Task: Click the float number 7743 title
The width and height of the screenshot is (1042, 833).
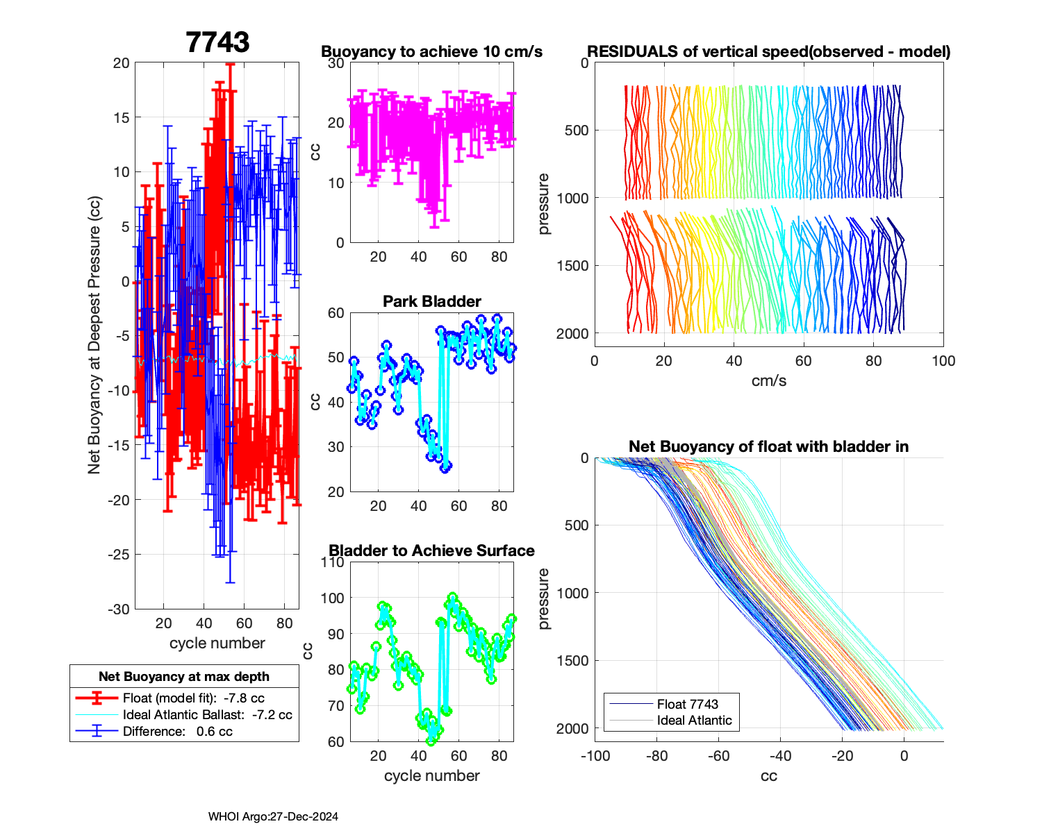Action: (x=217, y=42)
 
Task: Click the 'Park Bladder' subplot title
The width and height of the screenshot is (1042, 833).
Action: (x=432, y=301)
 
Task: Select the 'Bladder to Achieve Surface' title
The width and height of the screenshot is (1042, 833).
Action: (x=431, y=550)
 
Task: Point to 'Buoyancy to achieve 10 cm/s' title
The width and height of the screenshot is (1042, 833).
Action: (x=431, y=51)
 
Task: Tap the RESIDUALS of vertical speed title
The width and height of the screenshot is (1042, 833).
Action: (x=768, y=51)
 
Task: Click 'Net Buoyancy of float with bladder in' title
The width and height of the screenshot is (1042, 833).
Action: (x=768, y=446)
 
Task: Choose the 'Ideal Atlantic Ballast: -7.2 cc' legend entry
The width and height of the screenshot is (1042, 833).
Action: (x=207, y=714)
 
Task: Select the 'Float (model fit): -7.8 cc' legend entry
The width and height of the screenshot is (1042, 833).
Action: (x=193, y=698)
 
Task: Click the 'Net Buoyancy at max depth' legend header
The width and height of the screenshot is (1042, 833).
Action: (x=184, y=676)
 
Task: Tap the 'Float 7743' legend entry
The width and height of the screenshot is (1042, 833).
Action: (x=687, y=704)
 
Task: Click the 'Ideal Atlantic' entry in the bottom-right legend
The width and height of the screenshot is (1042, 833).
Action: (x=694, y=721)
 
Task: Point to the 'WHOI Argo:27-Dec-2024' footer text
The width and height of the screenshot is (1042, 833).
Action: (x=273, y=816)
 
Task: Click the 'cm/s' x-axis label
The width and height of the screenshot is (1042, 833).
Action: (x=768, y=381)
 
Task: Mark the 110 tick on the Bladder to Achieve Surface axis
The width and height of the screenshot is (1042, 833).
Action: (x=333, y=562)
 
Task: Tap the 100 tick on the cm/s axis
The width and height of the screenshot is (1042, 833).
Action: (x=943, y=361)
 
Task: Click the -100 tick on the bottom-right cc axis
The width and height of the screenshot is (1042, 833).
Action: (x=595, y=756)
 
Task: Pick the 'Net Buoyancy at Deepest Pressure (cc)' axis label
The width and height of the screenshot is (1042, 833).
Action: (x=94, y=336)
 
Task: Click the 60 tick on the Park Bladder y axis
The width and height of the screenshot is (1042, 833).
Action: (x=336, y=313)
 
